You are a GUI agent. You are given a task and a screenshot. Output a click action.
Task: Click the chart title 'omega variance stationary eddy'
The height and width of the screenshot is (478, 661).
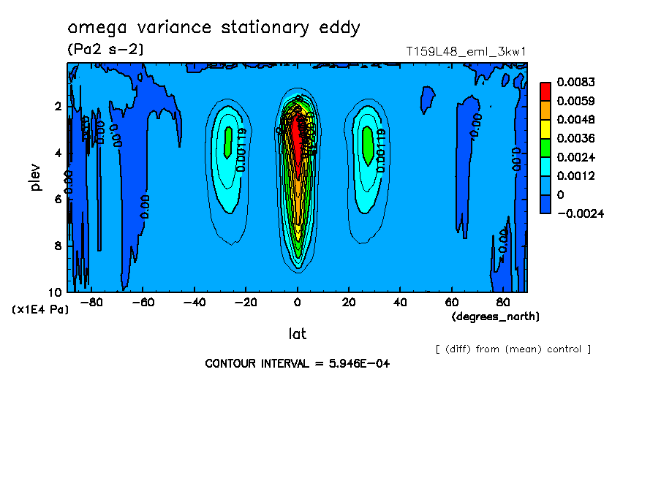tap(214, 29)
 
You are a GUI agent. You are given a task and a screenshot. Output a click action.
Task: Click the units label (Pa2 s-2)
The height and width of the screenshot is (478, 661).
tap(105, 50)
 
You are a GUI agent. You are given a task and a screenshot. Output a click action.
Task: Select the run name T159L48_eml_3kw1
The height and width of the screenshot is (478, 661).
tap(467, 51)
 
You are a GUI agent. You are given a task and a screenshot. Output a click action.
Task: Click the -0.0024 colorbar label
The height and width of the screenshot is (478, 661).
tap(579, 213)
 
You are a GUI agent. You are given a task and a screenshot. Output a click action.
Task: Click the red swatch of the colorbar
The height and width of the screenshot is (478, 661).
tap(545, 91)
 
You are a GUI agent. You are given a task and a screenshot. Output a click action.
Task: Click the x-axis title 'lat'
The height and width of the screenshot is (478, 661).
tap(297, 334)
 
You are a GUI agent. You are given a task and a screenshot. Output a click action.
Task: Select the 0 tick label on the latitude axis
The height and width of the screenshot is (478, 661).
tap(297, 302)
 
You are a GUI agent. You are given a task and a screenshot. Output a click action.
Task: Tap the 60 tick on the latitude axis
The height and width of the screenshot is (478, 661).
tap(451, 302)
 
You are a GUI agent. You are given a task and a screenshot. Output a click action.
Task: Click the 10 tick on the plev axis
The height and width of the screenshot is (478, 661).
tap(57, 292)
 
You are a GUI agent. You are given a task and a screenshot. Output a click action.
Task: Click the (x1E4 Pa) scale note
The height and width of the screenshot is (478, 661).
tap(40, 310)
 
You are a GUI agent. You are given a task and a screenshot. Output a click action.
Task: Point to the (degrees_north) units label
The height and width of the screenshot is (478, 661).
tap(496, 316)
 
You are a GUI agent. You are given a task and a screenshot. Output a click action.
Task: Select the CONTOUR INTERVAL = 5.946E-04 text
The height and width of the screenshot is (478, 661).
tap(297, 363)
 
